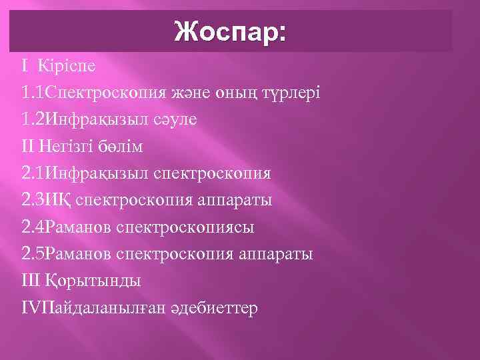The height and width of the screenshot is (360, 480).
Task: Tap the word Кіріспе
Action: pos(67,66)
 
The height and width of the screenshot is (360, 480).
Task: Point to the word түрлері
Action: pos(289,93)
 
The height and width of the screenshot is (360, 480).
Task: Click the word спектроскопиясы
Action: pos(185,227)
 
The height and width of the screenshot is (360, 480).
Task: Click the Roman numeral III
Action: pos(31,281)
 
